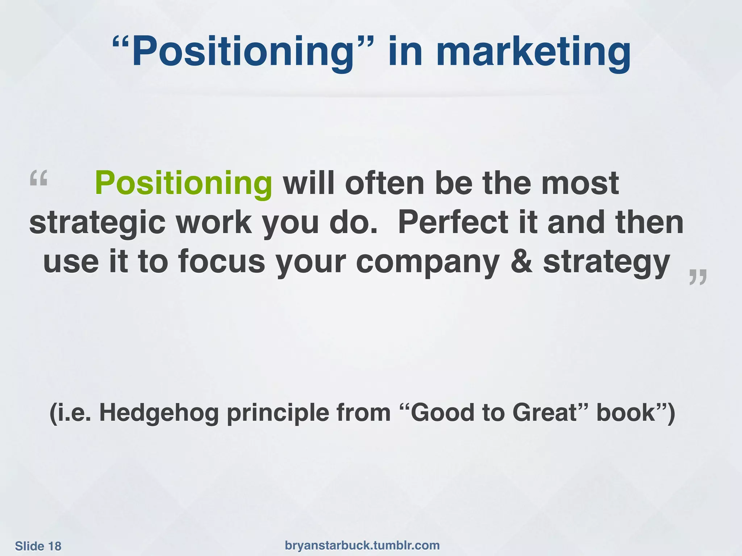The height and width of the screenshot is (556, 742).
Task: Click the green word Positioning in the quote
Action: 183,184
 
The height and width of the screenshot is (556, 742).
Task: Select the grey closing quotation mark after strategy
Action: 697,277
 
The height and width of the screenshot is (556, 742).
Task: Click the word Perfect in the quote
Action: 454,222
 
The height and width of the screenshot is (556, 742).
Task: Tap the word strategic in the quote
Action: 97,223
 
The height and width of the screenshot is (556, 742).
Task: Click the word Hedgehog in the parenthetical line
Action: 159,413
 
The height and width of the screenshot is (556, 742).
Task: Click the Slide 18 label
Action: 38,546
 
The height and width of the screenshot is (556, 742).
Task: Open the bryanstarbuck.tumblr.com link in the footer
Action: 362,545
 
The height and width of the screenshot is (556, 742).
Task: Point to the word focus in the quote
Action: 221,262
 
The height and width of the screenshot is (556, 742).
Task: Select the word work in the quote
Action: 214,222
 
